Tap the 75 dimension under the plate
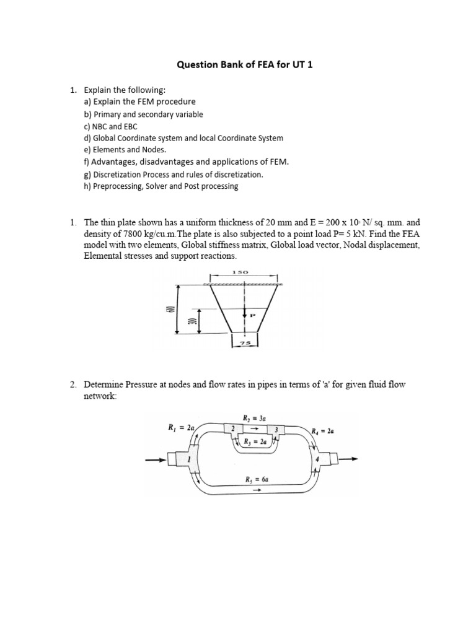tap(246, 341)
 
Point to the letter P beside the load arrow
tap(253, 315)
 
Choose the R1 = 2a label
tap(182, 427)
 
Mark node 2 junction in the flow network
tap(233, 428)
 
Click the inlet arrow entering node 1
tap(155, 459)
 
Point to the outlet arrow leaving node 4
tap(348, 459)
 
